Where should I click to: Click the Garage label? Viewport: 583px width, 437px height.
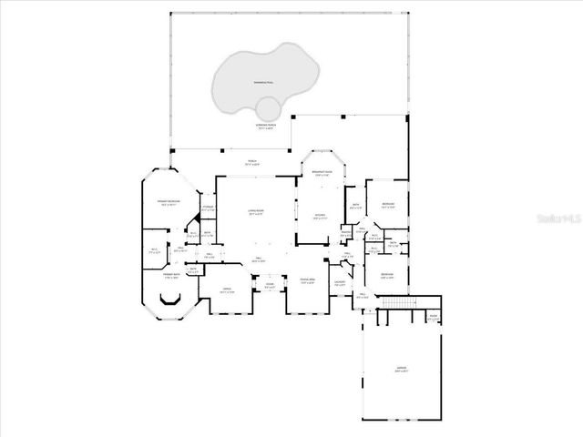tap(401, 370)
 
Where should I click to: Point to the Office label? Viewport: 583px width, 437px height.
tap(227, 290)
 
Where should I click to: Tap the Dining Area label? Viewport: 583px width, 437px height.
tap(308, 280)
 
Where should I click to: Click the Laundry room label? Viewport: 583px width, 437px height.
tap(340, 283)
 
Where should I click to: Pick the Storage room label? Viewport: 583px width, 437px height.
tap(208, 208)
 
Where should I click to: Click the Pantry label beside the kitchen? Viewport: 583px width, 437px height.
tap(346, 233)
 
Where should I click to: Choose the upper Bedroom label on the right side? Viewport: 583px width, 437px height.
tap(388, 205)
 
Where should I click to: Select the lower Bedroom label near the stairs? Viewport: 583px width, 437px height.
tap(387, 276)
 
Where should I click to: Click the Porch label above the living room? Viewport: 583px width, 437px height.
tap(252, 162)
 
